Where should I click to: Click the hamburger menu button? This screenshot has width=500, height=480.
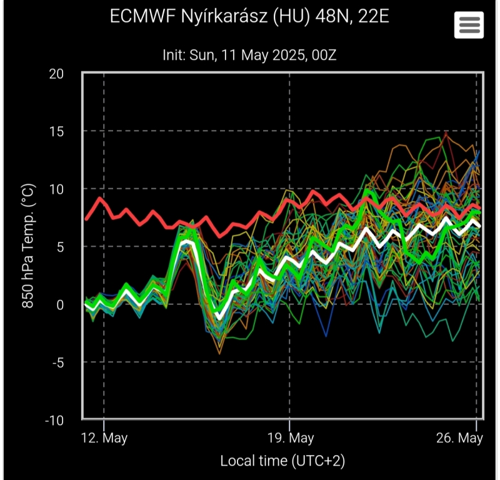pos(469,24)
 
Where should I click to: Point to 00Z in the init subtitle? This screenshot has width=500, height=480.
pos(324,55)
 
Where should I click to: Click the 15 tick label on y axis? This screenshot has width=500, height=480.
pos(57,131)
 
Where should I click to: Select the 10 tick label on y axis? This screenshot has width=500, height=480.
pos(57,189)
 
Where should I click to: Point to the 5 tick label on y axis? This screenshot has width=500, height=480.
pos(60,247)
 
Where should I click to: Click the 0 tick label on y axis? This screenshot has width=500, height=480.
pos(60,304)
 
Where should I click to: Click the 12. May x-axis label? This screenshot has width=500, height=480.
pos(104,437)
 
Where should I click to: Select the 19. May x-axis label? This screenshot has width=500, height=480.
pos(290,437)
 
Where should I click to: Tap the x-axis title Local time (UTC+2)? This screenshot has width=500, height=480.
pos(282,461)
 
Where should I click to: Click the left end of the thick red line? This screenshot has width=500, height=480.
pos(86,219)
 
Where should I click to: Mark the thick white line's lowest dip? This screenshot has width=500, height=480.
pos(219,318)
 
